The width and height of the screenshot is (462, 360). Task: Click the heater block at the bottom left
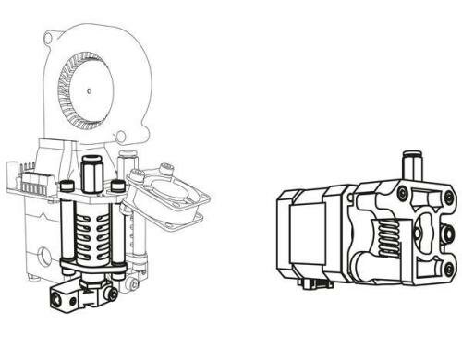tap(69, 297)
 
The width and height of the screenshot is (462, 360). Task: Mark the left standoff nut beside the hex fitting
tap(67, 187)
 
